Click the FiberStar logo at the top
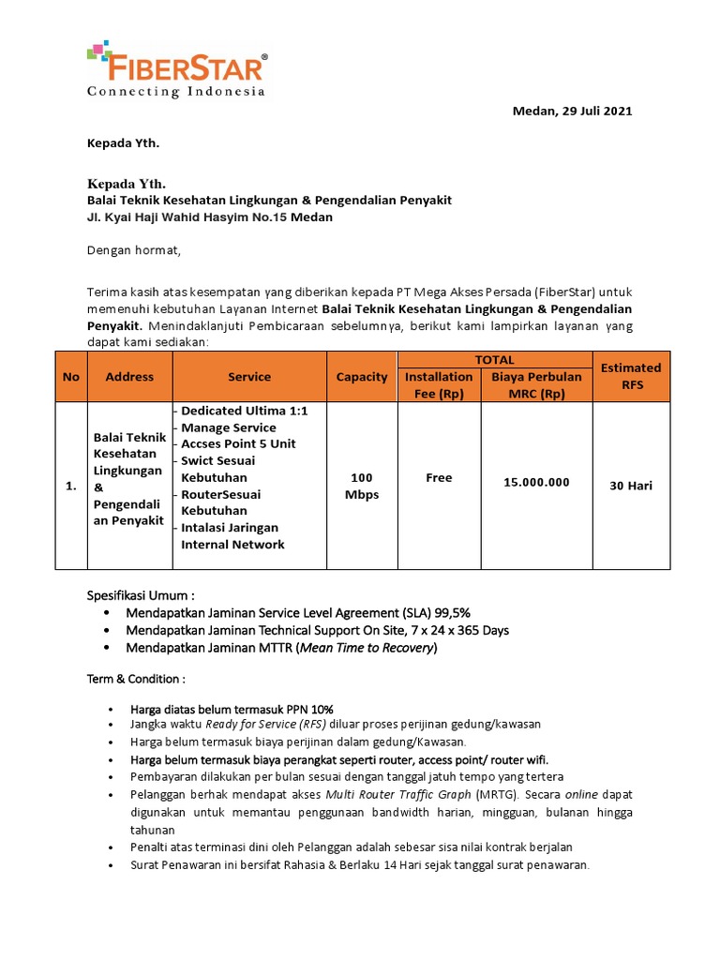pos(176,69)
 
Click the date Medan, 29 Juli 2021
pos(572,111)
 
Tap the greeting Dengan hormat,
pos(132,250)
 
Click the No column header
pos(71,377)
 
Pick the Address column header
pos(129,377)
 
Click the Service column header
pos(248,377)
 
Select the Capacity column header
pos(361,377)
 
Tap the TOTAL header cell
pos(494,360)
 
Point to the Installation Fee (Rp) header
pos(439,385)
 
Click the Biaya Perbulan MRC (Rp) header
pos(536,385)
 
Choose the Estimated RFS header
pos(630,376)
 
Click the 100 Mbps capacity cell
pos(361,486)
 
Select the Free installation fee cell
pos(439,477)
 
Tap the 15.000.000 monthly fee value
pos(536,482)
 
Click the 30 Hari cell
pos(631,486)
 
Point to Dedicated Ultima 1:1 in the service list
pos(244,411)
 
